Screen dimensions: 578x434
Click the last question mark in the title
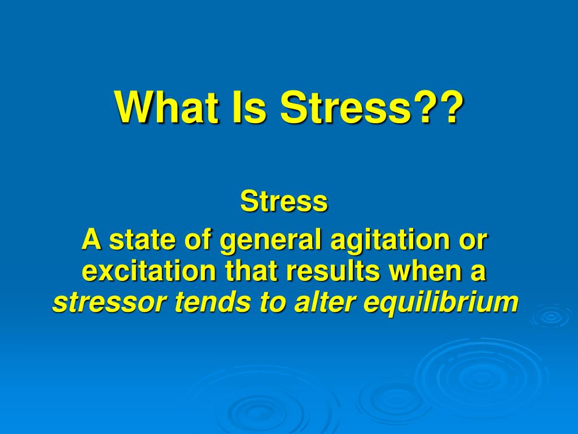tap(450, 107)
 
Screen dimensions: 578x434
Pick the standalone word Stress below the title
tap(284, 201)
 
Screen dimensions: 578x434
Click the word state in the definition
tap(142, 240)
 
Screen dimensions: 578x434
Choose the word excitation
tap(148, 271)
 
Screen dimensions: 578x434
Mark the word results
tap(332, 271)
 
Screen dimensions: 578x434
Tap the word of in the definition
tap(197, 240)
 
